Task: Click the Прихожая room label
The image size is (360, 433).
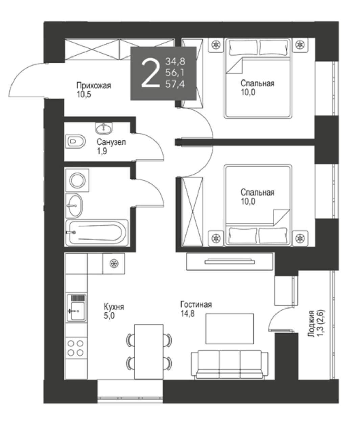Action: pos(94,86)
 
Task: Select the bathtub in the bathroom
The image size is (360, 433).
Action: pos(97,233)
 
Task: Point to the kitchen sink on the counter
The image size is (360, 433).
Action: pos(76,308)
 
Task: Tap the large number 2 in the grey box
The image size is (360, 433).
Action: pos(151,73)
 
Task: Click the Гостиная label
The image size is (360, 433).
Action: pos(196,305)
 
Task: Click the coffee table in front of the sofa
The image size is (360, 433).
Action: pos(230,329)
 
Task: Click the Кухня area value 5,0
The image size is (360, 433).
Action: pos(109,316)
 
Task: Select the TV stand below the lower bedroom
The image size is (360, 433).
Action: pos(230,261)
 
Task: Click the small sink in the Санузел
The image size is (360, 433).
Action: pos(104,128)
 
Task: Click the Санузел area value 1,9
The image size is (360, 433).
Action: pos(102,151)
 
